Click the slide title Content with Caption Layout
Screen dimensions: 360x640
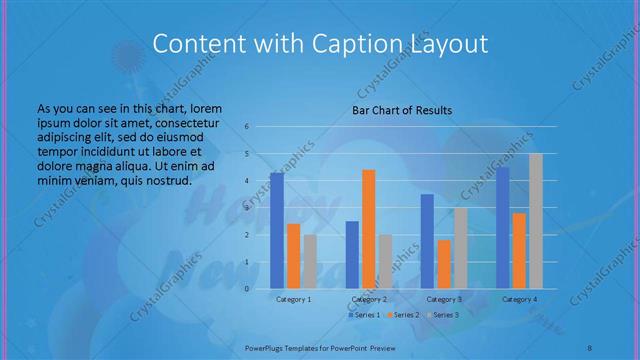tap(320, 44)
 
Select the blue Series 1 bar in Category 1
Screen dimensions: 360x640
tap(277, 230)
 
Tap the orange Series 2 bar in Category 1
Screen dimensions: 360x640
tap(293, 255)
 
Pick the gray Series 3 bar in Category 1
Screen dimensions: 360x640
tap(310, 261)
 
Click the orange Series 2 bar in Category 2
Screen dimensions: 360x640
tap(369, 229)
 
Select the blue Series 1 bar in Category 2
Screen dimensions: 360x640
tap(352, 254)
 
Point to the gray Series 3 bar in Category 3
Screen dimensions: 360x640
tap(460, 247)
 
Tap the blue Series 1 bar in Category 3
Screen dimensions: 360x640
tap(427, 241)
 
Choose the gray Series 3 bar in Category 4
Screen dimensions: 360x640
tap(536, 220)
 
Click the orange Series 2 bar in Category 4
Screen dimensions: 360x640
tap(519, 250)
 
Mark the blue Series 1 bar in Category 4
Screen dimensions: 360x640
tap(503, 227)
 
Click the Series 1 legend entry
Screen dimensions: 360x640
tap(365, 315)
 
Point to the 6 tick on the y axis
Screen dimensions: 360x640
tap(246, 127)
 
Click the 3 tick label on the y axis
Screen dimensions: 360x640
tap(246, 208)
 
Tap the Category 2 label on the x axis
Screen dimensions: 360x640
tap(369, 299)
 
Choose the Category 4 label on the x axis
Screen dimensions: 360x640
tap(519, 299)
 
